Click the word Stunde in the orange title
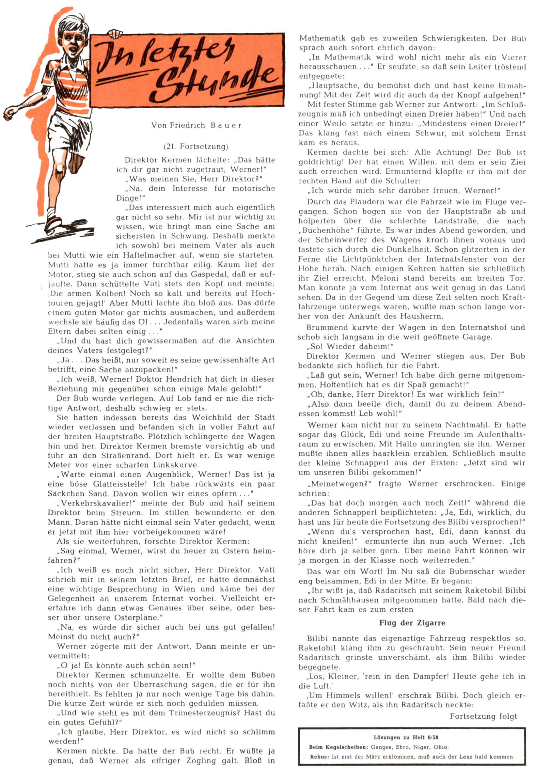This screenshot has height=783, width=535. (x=215, y=79)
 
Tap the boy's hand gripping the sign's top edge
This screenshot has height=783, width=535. (x=115, y=34)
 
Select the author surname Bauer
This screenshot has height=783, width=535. (x=226, y=126)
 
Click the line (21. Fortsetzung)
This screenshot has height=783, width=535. (x=196, y=146)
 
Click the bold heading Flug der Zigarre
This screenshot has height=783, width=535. (x=412, y=623)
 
